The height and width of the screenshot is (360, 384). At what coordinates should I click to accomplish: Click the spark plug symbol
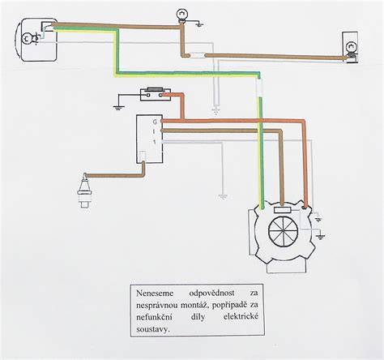85,191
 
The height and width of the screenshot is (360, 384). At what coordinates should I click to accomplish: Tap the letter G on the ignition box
155,122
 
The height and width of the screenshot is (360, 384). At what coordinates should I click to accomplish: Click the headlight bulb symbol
27,39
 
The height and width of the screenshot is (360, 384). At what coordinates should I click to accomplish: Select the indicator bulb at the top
181,15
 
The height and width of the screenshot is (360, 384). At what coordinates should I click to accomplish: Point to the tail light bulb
351,48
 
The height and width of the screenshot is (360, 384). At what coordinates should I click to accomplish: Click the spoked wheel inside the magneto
283,232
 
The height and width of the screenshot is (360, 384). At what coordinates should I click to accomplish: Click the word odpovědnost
212,294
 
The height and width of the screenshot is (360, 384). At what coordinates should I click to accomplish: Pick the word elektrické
241,316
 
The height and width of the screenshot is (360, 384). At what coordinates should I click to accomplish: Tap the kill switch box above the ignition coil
156,95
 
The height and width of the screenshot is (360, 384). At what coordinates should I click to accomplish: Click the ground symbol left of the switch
118,107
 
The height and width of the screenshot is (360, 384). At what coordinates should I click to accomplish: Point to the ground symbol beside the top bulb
199,25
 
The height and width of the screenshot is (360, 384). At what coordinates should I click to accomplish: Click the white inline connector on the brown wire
198,56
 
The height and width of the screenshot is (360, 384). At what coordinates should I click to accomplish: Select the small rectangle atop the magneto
282,210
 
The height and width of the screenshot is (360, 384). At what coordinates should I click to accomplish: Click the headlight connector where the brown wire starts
47,27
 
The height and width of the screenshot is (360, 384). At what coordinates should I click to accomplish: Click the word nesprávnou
157,306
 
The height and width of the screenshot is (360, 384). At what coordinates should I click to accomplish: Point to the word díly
198,317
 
